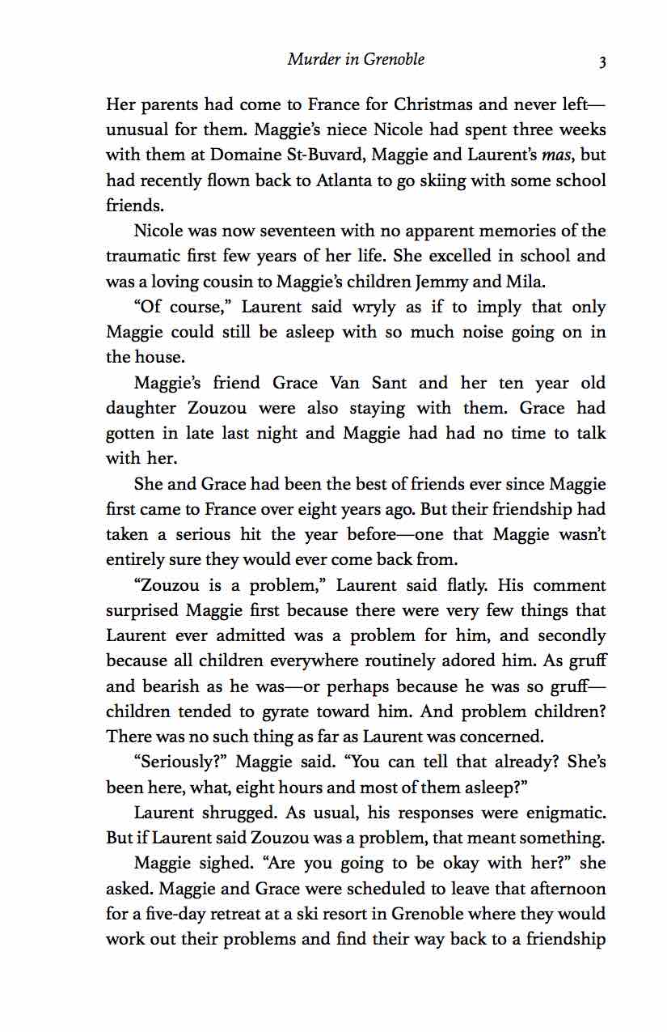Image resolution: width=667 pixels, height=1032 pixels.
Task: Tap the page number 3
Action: [602, 61]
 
